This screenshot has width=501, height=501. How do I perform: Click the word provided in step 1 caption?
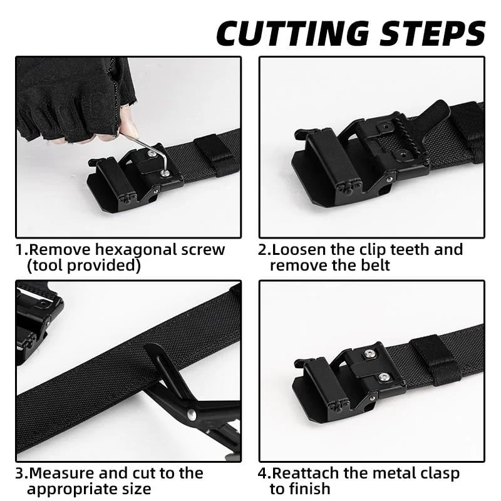pyautogui.click(x=106, y=266)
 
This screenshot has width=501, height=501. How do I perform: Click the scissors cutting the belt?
pyautogui.click(x=188, y=401)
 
